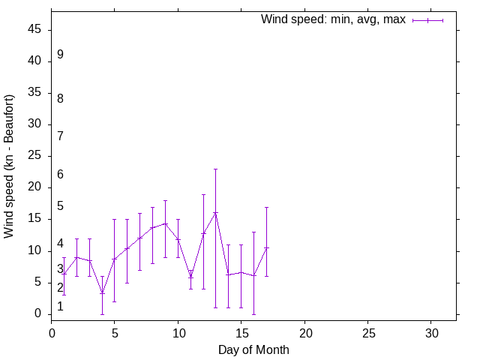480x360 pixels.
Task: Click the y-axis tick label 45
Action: [x=35, y=30]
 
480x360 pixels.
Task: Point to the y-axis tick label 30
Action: [x=35, y=124]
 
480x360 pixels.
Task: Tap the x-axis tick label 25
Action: [x=367, y=332]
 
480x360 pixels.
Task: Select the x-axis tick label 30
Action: [x=431, y=332]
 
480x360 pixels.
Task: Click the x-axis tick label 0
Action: [x=52, y=332]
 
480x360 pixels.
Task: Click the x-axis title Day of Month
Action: [x=253, y=349]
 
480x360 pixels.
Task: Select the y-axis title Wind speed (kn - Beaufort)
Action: [x=10, y=166]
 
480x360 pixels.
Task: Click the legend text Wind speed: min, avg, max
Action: [x=333, y=19]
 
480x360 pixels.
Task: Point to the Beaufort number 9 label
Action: [x=60, y=55]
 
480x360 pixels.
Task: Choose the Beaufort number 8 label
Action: [x=60, y=98]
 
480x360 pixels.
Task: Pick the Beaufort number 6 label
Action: [x=60, y=175]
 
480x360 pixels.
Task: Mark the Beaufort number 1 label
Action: [x=60, y=307]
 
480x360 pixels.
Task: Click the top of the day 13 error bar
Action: [x=215, y=169]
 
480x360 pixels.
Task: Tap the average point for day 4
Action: [x=102, y=293]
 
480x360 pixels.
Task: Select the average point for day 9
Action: [x=165, y=223]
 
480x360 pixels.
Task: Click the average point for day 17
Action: [x=266, y=247]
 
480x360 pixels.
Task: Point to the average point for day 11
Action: [x=190, y=276]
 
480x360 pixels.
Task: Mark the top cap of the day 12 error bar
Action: [x=203, y=194]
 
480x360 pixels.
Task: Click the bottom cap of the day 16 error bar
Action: [x=253, y=314]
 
